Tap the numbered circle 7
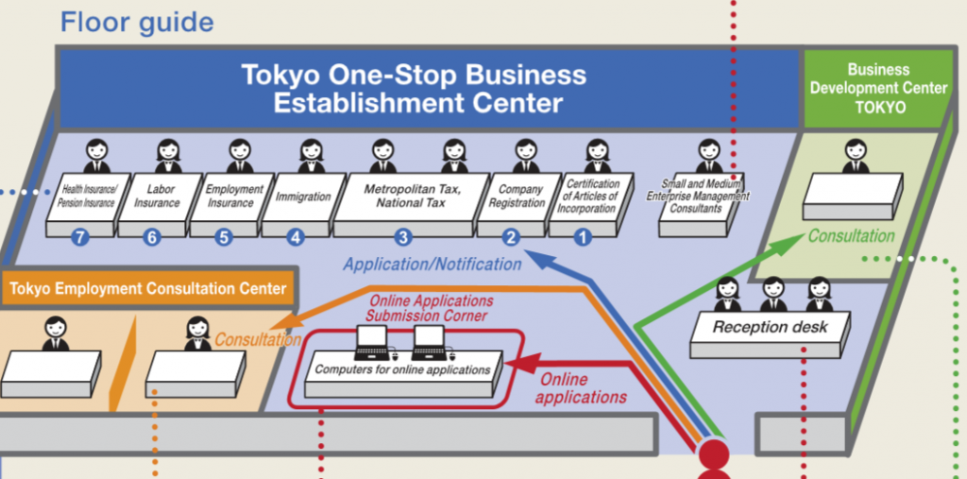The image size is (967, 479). (80, 237)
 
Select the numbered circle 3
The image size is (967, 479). (403, 237)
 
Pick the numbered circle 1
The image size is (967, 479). (583, 237)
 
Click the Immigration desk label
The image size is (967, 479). (303, 197)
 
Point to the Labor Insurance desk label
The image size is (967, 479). (157, 196)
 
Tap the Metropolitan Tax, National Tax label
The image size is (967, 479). (412, 196)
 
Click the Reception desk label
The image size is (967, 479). (770, 327)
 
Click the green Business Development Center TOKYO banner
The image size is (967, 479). (878, 89)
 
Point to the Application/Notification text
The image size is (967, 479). (432, 265)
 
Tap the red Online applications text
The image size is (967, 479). (581, 388)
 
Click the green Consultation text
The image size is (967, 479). (851, 236)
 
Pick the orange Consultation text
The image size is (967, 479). (257, 339)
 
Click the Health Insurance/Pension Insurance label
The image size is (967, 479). (89, 196)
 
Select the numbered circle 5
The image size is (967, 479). (224, 237)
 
